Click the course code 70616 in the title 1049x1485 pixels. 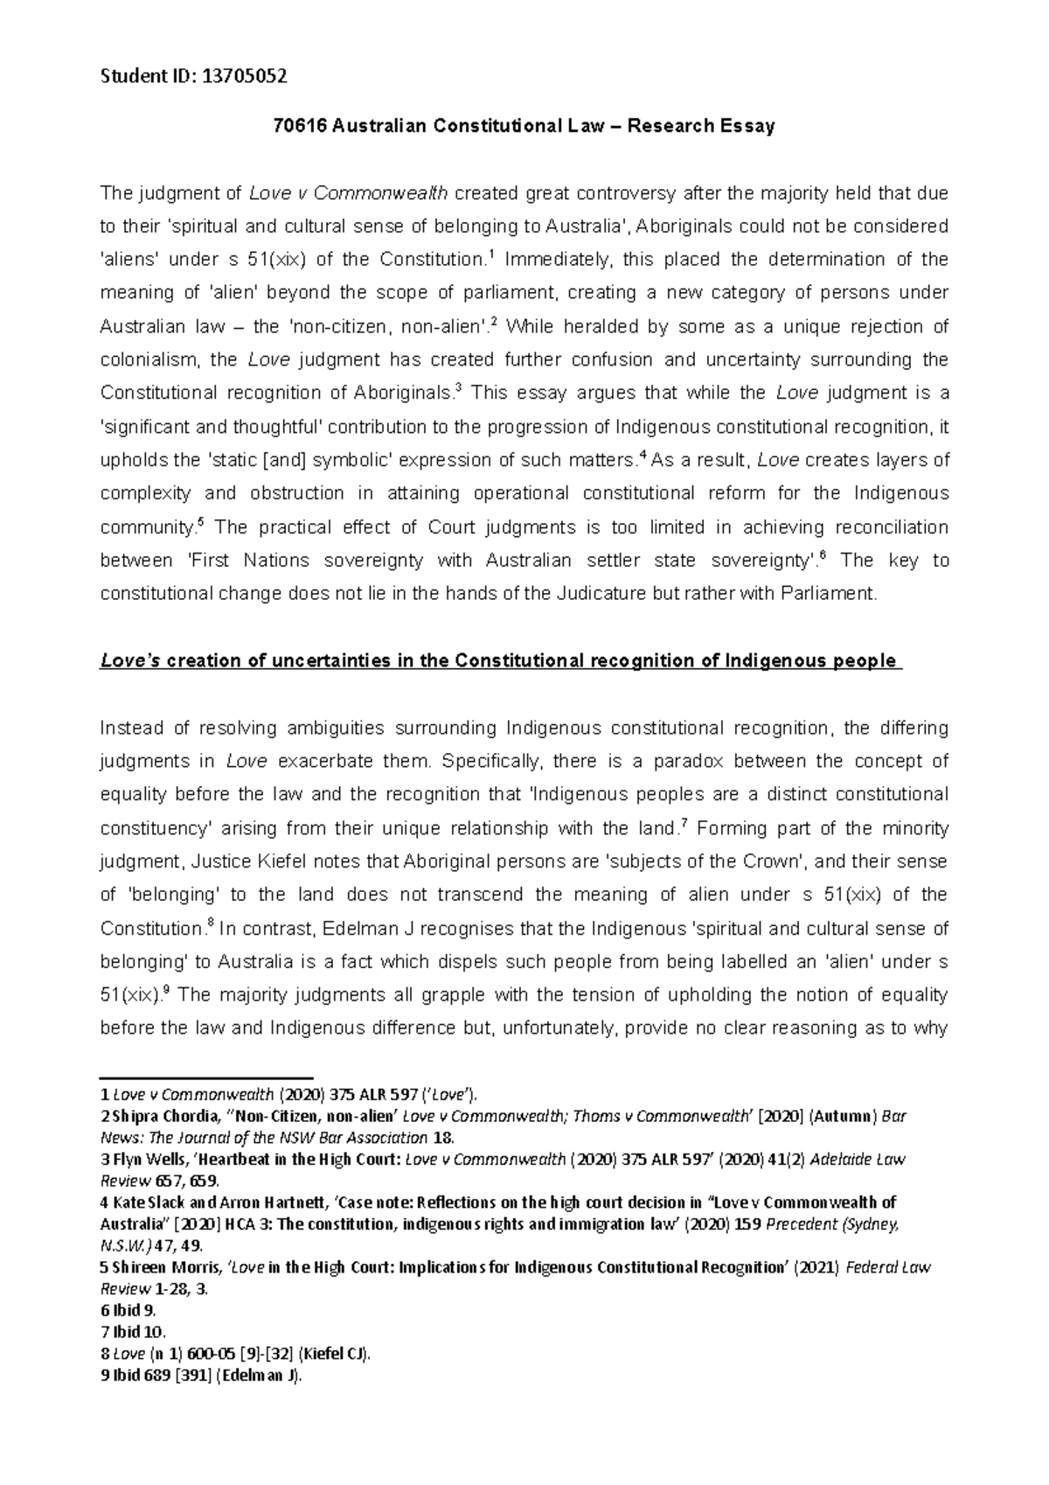coord(294,127)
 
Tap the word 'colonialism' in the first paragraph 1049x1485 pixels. coord(150,359)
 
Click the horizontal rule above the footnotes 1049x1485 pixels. coord(207,1077)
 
